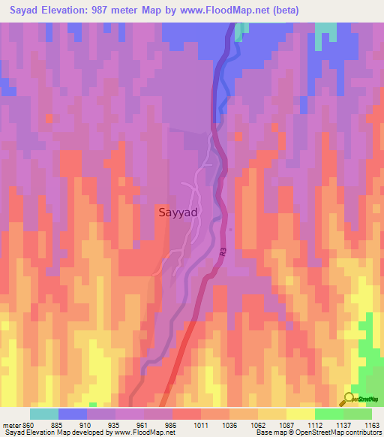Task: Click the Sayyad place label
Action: (178, 212)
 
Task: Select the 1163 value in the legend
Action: (373, 424)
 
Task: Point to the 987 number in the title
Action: (117, 11)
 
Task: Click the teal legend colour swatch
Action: (44, 414)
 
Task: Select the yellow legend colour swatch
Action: (300, 414)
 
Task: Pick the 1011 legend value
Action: (202, 424)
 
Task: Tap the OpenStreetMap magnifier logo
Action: (350, 399)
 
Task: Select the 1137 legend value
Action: (344, 424)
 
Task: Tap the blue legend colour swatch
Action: (73, 414)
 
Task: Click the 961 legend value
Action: (145, 424)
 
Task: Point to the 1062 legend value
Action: (259, 424)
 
